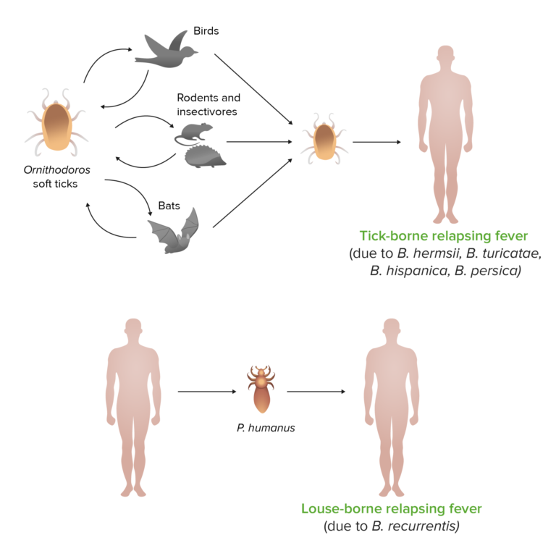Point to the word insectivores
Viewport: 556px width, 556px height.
[x=208, y=111]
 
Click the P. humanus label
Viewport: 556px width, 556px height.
[x=265, y=428]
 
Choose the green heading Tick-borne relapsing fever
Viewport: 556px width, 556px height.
[x=445, y=237]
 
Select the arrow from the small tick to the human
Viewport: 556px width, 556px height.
[x=376, y=142]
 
